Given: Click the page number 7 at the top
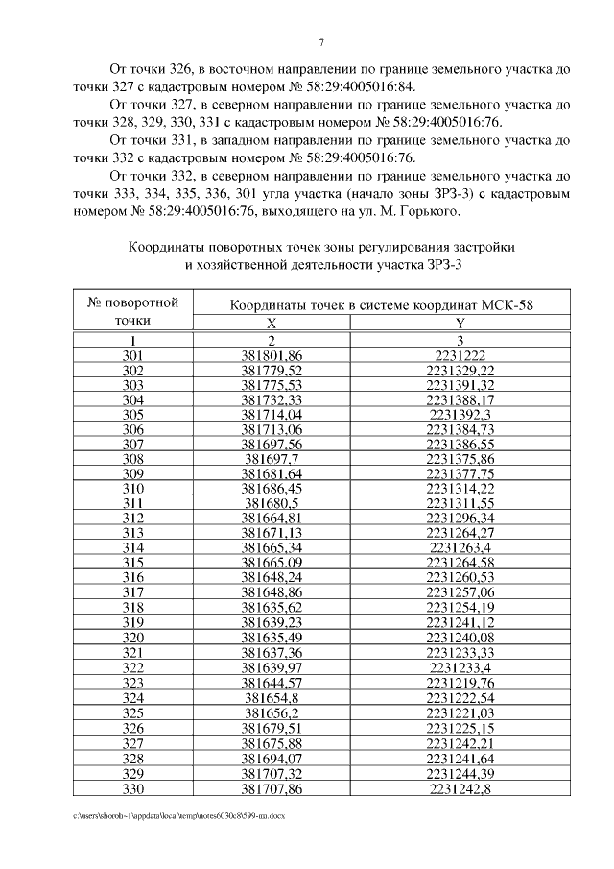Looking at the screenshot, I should pyautogui.click(x=322, y=42).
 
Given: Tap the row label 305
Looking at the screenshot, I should pyautogui.click(x=133, y=414).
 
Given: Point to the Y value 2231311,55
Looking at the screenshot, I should pyautogui.click(x=460, y=503).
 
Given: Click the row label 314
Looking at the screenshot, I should pyautogui.click(x=133, y=547).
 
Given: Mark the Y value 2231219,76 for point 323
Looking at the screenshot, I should pyautogui.click(x=460, y=681).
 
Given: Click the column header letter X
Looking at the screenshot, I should pyautogui.click(x=272, y=325).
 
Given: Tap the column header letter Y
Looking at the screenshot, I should pyautogui.click(x=460, y=325).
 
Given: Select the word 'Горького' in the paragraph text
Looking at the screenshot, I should pyautogui.click(x=432, y=211).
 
